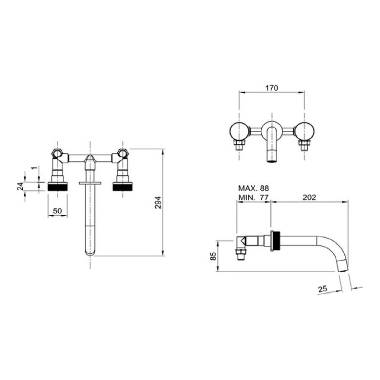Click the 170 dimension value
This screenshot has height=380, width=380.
click(x=272, y=88)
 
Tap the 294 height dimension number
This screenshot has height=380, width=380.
click(x=158, y=202)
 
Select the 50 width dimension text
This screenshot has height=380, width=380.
click(x=57, y=211)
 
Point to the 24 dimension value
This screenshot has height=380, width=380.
click(x=20, y=186)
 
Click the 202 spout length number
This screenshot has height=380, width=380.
click(x=309, y=197)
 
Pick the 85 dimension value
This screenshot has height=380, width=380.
click(x=213, y=256)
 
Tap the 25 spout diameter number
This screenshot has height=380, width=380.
click(x=322, y=289)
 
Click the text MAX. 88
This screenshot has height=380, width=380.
click(x=253, y=188)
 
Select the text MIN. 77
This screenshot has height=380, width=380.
click(x=253, y=197)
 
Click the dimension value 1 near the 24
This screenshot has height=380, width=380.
click(x=35, y=168)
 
